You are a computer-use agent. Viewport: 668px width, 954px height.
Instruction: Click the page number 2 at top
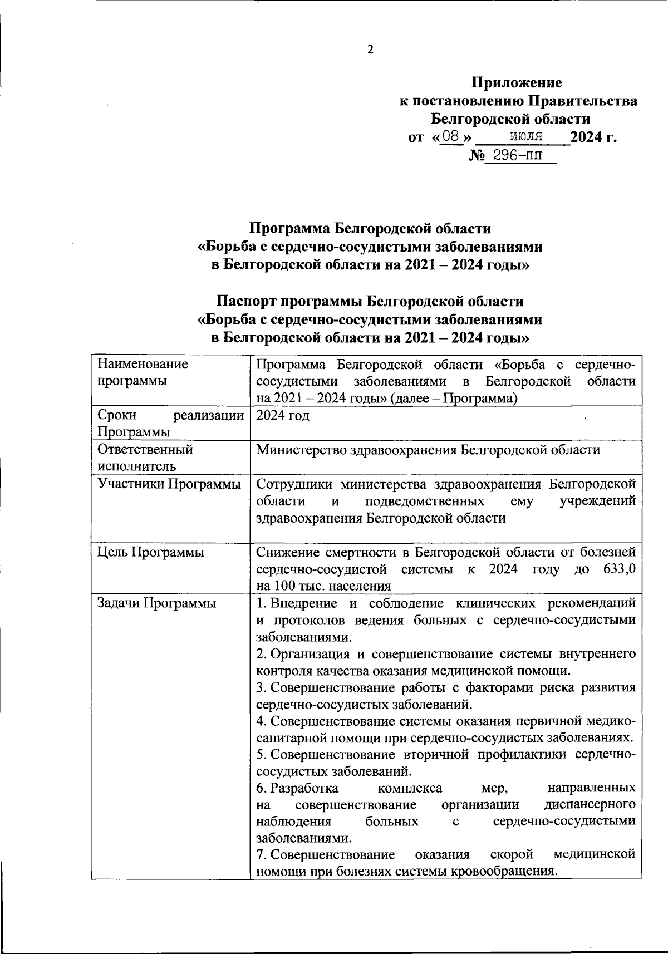pos(370,50)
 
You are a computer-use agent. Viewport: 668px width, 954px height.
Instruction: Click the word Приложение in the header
pos(517,83)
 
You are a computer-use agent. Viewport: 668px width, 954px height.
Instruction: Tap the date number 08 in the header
pos(450,136)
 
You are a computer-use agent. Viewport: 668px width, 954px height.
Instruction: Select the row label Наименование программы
pos(143,373)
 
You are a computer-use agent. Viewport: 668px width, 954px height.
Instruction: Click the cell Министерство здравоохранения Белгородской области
pos(428,450)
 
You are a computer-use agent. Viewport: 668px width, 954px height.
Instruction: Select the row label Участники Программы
pos(169,484)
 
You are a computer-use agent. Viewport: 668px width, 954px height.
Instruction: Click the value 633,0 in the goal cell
pos(619,569)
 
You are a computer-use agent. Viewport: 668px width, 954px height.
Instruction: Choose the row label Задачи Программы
pos(156,603)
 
